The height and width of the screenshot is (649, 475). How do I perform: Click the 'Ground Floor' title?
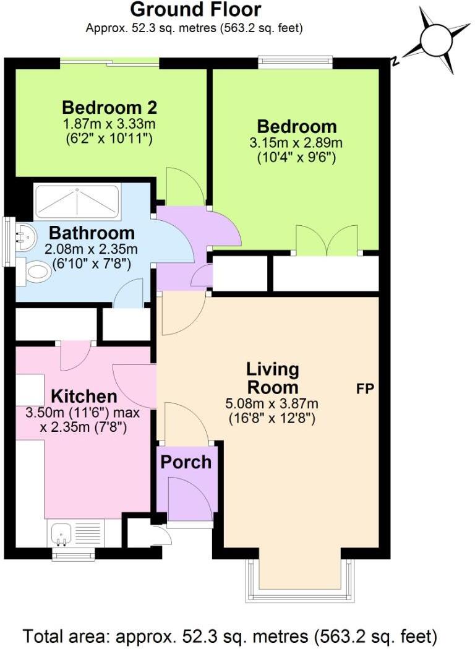(x=195, y=10)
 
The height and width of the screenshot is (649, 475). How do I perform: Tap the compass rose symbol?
(x=437, y=40)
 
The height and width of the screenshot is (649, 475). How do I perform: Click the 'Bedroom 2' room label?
(x=109, y=108)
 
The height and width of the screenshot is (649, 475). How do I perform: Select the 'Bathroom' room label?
(x=92, y=233)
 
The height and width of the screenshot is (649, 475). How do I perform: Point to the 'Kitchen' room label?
(x=83, y=396)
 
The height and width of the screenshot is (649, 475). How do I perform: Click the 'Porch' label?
(x=186, y=462)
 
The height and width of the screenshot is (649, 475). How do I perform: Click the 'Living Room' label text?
(x=272, y=379)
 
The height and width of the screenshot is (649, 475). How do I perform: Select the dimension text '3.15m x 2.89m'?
(x=297, y=144)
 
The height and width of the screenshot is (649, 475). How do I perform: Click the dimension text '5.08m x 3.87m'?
(x=272, y=404)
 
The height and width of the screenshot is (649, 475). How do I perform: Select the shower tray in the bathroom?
(x=76, y=200)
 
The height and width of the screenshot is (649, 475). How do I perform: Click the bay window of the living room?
(x=301, y=578)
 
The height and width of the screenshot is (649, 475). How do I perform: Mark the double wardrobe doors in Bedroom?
(x=327, y=241)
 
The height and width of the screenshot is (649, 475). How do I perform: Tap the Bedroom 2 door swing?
(x=184, y=189)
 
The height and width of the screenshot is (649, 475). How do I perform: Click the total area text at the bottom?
(x=230, y=635)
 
